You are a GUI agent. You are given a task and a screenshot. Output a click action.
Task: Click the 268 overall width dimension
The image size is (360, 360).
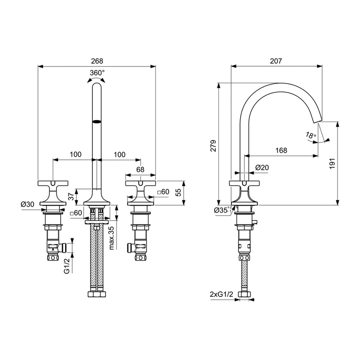tap(97, 61)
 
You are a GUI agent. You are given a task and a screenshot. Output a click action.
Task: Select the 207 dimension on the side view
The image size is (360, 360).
tap(276, 61)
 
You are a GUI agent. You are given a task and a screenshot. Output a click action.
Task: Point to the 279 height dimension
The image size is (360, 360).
tap(213, 145)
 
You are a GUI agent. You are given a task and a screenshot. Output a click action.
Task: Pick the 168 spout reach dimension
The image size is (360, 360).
tap(281, 150)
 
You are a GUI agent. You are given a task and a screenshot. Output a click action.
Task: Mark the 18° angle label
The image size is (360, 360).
tap(310, 136)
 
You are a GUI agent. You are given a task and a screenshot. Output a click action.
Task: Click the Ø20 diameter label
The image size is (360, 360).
tap(262, 168)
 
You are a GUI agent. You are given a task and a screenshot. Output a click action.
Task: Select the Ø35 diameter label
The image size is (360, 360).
tap(222, 209)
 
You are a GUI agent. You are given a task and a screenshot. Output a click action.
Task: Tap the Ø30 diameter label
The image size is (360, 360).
tap(28, 204)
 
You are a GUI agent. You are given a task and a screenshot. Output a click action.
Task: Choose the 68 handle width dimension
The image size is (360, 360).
tap(140, 170)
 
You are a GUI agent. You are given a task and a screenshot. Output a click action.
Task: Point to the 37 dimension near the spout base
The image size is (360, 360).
tap(71, 196)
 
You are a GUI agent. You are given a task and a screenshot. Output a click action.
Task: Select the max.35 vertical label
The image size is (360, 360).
tap(111, 238)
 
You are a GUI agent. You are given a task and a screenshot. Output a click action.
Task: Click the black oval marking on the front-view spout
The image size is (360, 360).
tap(97, 122)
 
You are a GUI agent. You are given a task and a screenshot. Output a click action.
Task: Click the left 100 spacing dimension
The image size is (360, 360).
tap(75, 155)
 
